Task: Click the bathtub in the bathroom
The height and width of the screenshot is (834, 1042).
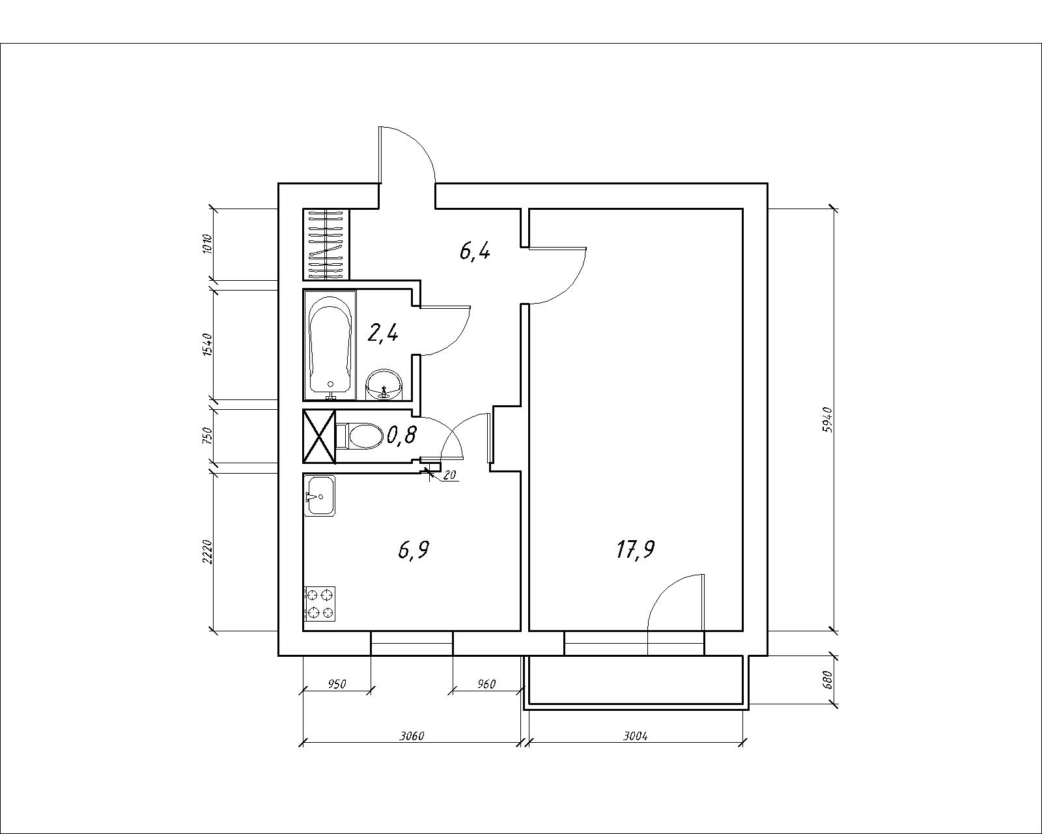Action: pos(330,345)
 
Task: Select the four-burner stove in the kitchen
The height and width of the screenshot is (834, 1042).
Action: pos(320,603)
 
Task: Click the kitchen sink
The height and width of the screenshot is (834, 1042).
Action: pos(320,495)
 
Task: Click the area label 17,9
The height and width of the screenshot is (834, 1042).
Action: pos(636,550)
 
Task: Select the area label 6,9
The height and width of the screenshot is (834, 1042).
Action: pos(414,550)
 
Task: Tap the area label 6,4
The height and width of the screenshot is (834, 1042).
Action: pos(475,252)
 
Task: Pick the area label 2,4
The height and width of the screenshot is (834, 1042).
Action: pos(383,334)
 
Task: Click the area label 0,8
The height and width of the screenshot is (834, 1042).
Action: pos(401,435)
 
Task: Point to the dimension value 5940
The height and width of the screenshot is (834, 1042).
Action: pos(827,420)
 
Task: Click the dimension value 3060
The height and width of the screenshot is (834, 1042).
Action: pos(412,736)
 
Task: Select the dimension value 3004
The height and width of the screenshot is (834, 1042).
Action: pos(635,736)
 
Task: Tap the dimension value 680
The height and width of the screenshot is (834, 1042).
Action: pos(827,680)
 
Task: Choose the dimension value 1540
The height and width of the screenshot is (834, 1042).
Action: pos(207,345)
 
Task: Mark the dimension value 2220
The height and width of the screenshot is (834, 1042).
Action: pos(207,551)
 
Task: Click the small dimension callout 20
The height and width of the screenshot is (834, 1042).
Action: pos(450,476)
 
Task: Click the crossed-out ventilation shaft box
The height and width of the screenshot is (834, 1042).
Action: pos(319,437)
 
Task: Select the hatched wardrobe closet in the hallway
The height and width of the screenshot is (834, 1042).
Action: pos(326,245)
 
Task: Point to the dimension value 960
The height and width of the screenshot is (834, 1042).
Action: pos(486,683)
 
